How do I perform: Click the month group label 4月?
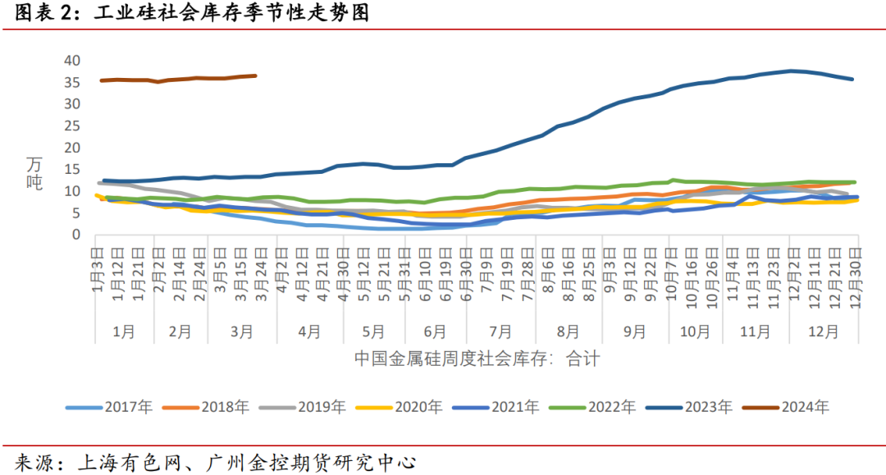point(308,331)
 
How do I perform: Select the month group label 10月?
point(695,331)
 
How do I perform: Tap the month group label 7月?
point(500,331)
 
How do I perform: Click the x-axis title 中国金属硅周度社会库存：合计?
point(477,359)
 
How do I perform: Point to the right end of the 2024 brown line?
point(256,75)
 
